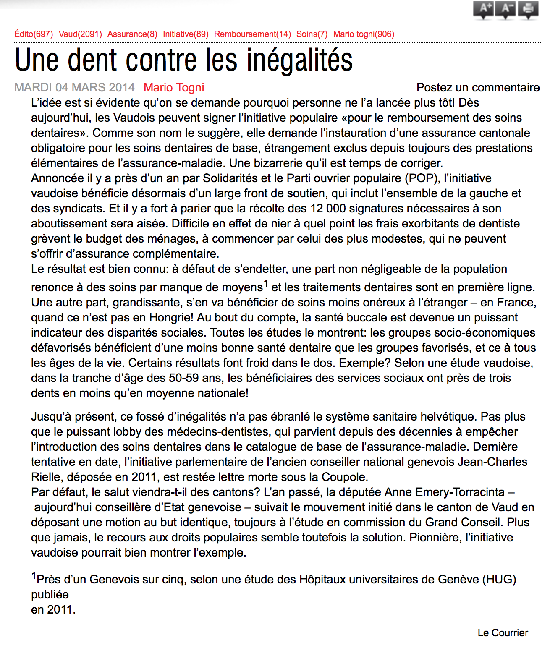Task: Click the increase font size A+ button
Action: coord(483,9)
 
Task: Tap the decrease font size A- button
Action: coord(505,9)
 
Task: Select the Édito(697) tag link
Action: coord(34,34)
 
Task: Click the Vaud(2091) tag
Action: coord(80,34)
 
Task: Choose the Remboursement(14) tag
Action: coord(252,34)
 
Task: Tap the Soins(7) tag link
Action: coord(312,34)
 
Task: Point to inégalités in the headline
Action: coord(299,60)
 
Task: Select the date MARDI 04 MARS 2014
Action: coord(74,87)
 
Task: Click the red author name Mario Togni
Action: coord(174,87)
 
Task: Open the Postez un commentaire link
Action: coord(478,87)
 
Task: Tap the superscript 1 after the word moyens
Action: coord(266,283)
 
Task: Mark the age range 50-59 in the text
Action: coord(183,378)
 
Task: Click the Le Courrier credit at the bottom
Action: coord(503,633)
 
